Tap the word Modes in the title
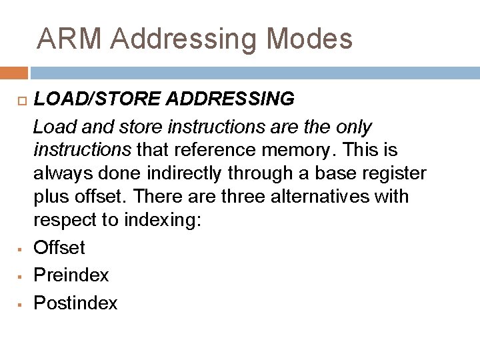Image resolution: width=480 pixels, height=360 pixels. [309, 39]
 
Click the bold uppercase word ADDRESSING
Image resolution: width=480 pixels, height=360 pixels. [230, 99]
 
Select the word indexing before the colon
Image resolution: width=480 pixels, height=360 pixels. [159, 221]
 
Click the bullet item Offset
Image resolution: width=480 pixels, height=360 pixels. [59, 248]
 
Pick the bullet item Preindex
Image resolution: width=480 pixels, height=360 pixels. [71, 275]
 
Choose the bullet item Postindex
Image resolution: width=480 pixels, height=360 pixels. [75, 303]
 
